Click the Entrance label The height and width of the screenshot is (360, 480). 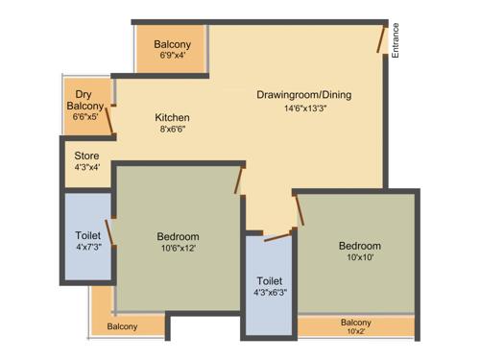coord(396,41)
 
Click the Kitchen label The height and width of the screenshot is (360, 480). coord(172,117)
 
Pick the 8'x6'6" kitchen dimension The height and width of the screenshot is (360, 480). coord(172,130)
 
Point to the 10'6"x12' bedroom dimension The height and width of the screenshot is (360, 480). coord(178,249)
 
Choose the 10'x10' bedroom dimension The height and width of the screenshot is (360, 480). coord(359,258)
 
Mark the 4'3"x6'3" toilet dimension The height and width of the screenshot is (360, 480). coord(269,293)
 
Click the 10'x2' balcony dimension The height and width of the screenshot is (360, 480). coord(355,332)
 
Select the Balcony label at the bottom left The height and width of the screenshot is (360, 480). coord(122,326)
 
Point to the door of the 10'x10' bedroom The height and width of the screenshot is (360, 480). coord(300,209)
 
